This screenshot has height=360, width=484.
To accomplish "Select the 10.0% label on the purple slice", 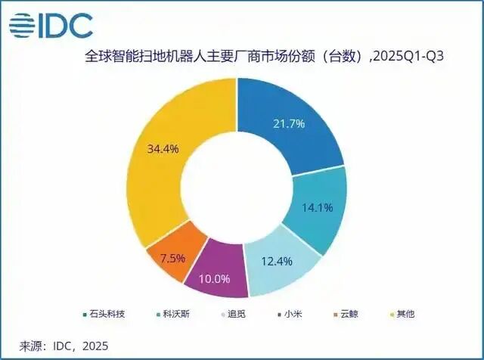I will (x=214, y=278).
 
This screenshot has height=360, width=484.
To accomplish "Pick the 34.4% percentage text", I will (x=164, y=149).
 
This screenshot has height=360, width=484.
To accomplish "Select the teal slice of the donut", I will (x=321, y=212).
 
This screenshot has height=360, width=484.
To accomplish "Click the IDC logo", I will (x=51, y=26).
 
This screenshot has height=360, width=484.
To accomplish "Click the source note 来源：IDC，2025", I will (x=64, y=346).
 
